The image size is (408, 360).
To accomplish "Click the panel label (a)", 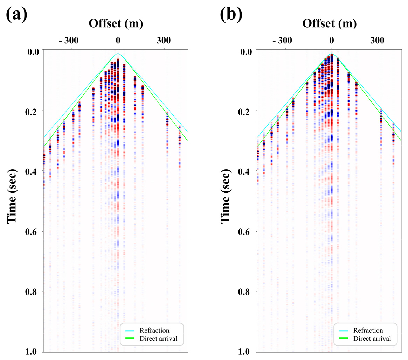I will point(16,16).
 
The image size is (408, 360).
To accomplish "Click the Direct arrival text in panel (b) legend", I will point(372,338).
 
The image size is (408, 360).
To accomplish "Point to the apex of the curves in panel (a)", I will point(118,54).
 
